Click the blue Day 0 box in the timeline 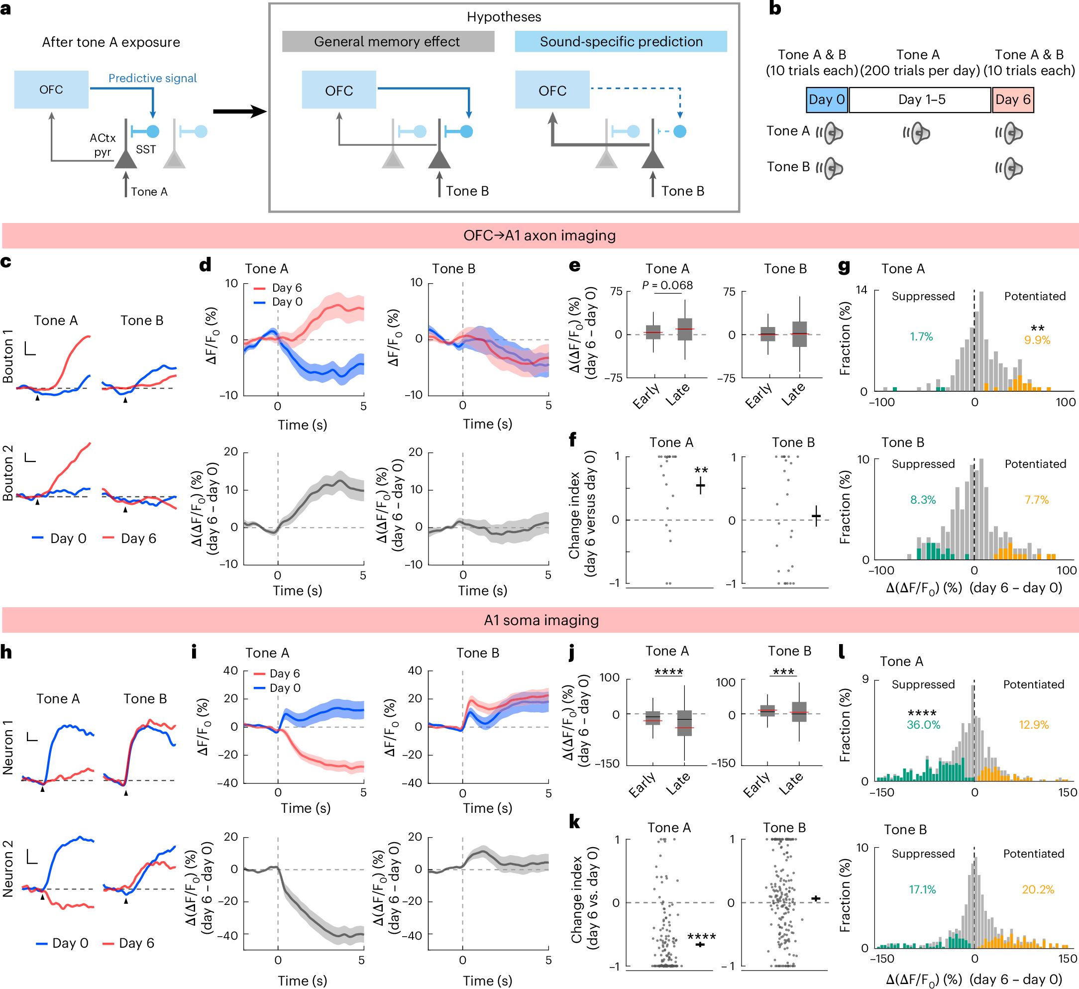pyautogui.click(x=826, y=100)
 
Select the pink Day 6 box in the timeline pyautogui.click(x=1012, y=100)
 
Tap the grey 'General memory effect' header pyautogui.click(x=388, y=42)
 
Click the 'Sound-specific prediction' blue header pyautogui.click(x=620, y=42)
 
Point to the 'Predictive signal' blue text pyautogui.click(x=152, y=78)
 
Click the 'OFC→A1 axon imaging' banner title pyautogui.click(x=539, y=235)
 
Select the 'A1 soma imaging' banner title pyautogui.click(x=540, y=620)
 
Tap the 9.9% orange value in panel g pyautogui.click(x=1037, y=340)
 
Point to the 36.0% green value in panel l pyautogui.click(x=923, y=725)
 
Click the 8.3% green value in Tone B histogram pyautogui.click(x=923, y=500)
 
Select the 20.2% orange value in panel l pyautogui.click(x=1037, y=889)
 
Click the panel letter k pyautogui.click(x=574, y=821)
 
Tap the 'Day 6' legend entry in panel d pyautogui.click(x=286, y=288)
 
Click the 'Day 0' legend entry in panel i pyautogui.click(x=284, y=688)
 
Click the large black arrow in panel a pyautogui.click(x=239, y=111)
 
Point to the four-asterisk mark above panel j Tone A pyautogui.click(x=668, y=671)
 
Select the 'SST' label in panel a pyautogui.click(x=146, y=149)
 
